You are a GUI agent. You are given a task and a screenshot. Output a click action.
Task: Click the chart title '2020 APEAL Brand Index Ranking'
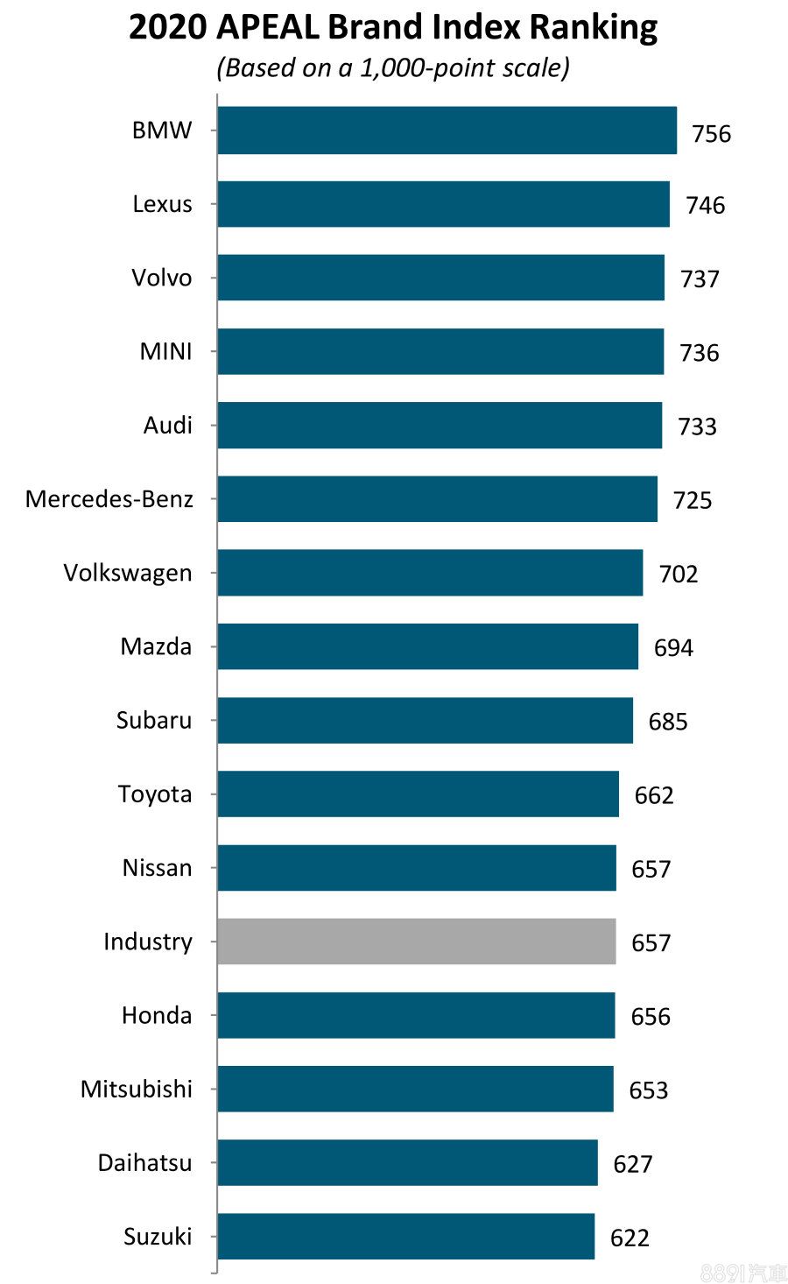click(393, 28)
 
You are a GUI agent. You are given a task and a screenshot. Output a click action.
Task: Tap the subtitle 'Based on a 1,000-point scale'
click(393, 68)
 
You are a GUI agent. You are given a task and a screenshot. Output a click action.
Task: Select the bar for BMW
click(447, 131)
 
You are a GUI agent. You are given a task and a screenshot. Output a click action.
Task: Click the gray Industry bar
click(416, 942)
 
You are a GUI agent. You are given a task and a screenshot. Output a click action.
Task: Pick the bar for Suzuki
click(405, 1236)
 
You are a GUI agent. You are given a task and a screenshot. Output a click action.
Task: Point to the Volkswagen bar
click(430, 573)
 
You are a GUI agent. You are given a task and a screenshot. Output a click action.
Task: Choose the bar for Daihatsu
click(407, 1162)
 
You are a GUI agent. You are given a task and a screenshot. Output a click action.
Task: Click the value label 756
click(711, 134)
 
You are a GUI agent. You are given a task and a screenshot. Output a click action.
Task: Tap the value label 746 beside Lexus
click(705, 206)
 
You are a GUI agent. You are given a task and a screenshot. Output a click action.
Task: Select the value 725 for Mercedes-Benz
click(692, 500)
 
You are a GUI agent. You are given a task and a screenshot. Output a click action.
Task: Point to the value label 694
click(672, 648)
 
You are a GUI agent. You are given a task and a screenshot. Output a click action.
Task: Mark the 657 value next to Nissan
click(651, 869)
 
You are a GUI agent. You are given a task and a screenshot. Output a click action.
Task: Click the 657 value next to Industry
click(651, 943)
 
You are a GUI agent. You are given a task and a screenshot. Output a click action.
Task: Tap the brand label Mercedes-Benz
click(109, 499)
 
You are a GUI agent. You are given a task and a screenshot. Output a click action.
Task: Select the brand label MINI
click(165, 352)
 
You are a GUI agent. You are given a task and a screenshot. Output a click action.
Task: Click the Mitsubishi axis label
click(137, 1089)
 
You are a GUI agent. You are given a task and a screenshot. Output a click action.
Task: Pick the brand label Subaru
click(154, 720)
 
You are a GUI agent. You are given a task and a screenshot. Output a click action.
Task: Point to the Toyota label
click(155, 794)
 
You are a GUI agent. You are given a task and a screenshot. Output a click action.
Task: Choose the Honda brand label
click(157, 1015)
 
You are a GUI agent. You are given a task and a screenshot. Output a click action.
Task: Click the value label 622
click(630, 1238)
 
